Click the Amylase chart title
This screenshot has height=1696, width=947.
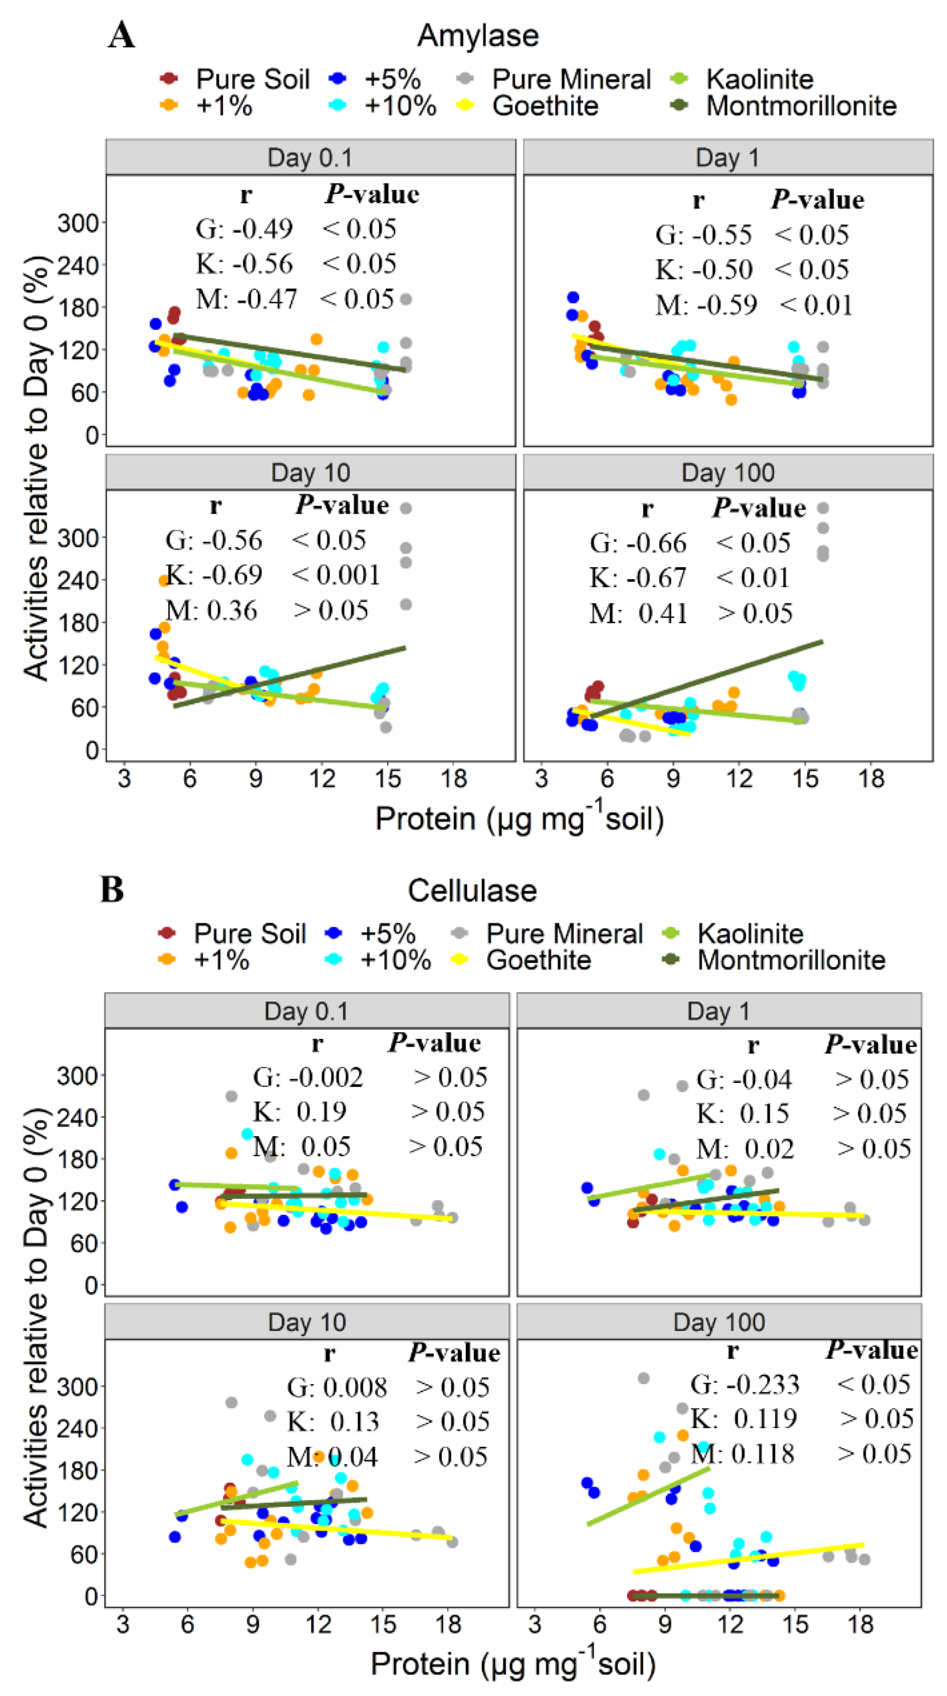(x=477, y=36)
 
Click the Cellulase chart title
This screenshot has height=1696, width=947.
(x=472, y=890)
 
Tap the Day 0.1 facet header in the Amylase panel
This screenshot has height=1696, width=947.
(x=310, y=157)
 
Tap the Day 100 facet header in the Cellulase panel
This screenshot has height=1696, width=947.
(x=719, y=1322)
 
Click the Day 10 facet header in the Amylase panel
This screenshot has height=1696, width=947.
(x=310, y=472)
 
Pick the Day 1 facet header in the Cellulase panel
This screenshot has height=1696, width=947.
(x=719, y=1011)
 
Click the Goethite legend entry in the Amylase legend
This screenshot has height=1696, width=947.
(x=527, y=105)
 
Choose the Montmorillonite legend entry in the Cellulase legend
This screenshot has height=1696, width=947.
(x=774, y=960)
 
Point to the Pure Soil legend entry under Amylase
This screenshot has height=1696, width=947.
(x=234, y=79)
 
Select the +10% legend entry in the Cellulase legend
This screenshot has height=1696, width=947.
(x=379, y=960)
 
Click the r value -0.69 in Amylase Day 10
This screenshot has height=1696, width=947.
(x=232, y=575)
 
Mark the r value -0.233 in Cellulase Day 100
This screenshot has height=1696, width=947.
(x=763, y=1384)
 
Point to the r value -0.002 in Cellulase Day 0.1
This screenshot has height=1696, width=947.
(x=326, y=1077)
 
